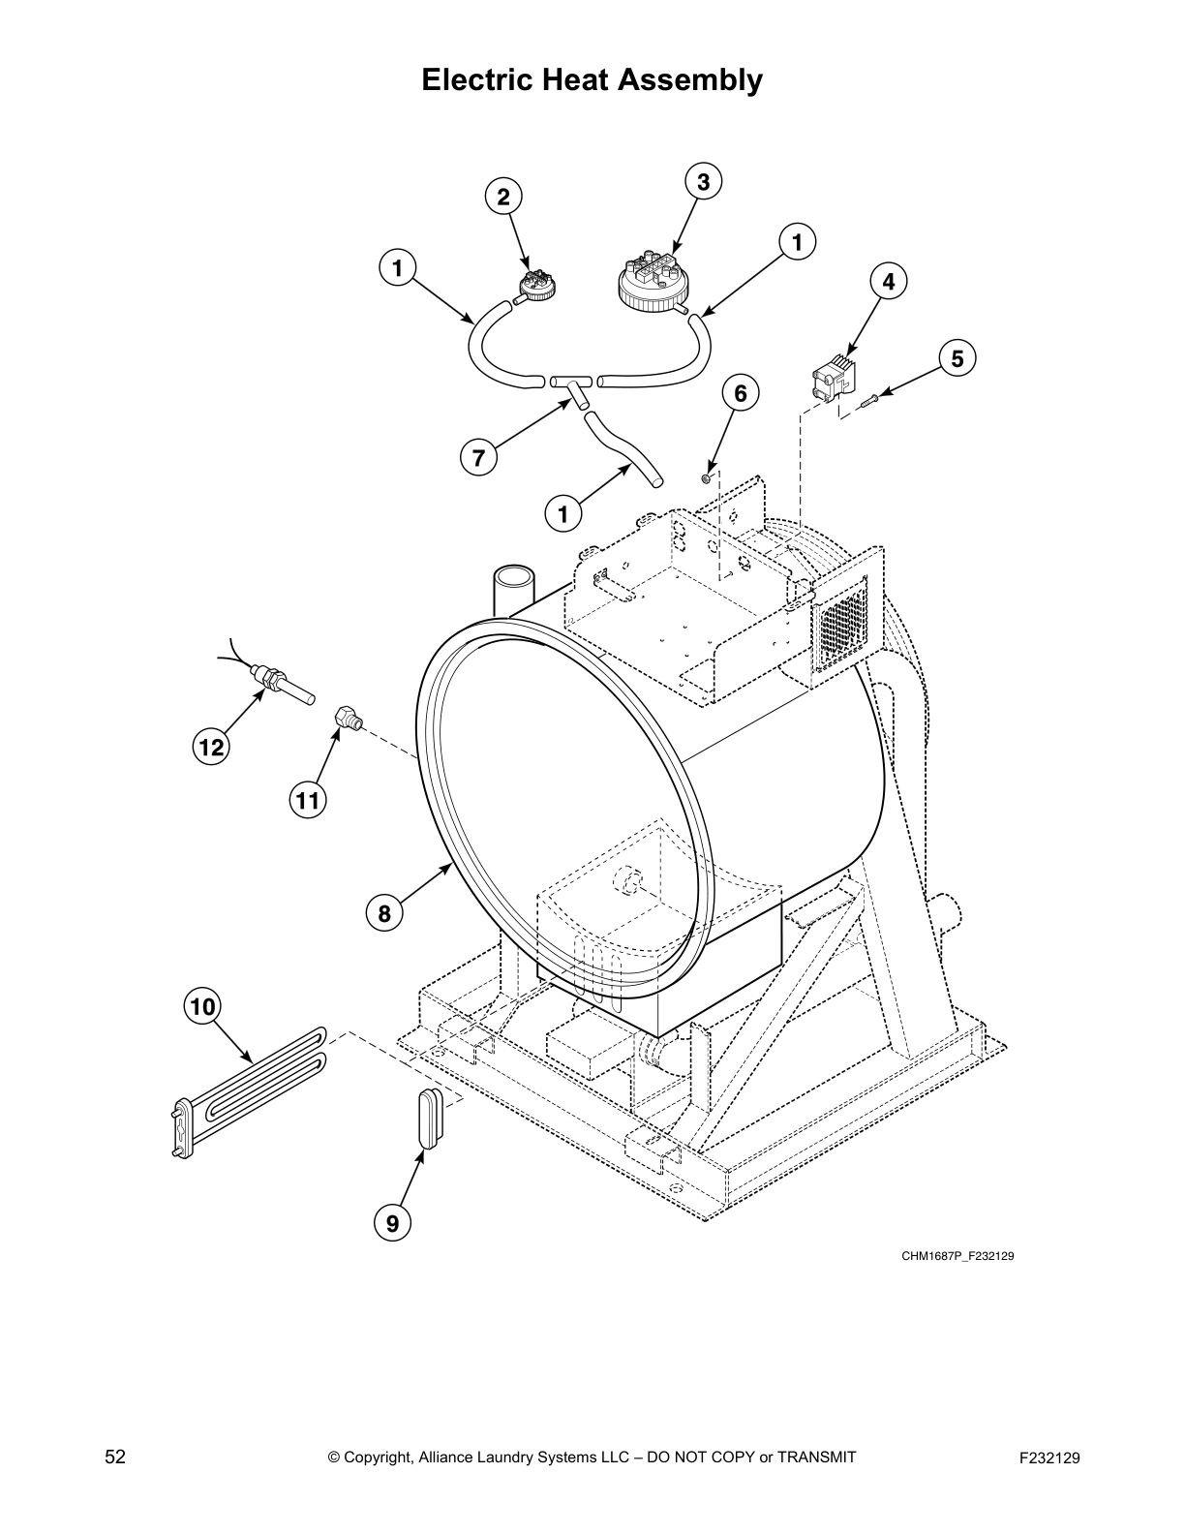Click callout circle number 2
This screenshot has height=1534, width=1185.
[503, 198]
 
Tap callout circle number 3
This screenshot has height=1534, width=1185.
[704, 181]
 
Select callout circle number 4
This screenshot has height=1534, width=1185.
[889, 282]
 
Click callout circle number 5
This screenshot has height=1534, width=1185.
[957, 359]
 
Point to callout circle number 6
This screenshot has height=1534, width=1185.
[741, 393]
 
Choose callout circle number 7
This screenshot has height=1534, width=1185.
[478, 457]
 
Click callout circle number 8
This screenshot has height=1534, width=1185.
[384, 912]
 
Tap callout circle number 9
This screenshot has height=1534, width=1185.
[392, 1222]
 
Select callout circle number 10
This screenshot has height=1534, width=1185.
[202, 1007]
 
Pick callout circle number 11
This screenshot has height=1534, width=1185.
[307, 800]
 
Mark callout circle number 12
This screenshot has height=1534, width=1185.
[211, 747]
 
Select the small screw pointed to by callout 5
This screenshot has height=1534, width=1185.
[867, 400]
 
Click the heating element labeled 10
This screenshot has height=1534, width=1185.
[247, 1089]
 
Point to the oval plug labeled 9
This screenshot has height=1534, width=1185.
[429, 1115]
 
